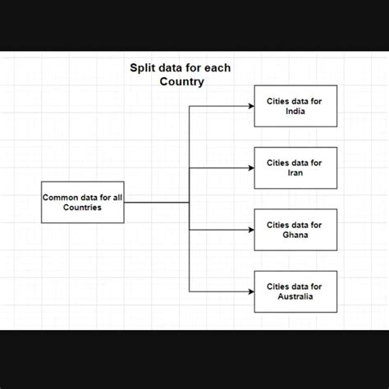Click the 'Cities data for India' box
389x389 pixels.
pyautogui.click(x=295, y=106)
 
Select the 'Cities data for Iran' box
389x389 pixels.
pyautogui.click(x=295, y=167)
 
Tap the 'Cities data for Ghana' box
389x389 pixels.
pyautogui.click(x=295, y=230)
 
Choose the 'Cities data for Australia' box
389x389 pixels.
pyautogui.click(x=295, y=291)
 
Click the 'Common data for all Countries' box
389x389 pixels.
pyautogui.click(x=83, y=202)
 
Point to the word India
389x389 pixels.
pyautogui.click(x=295, y=112)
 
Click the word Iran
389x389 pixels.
pyautogui.click(x=295, y=173)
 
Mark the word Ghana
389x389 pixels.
pyautogui.click(x=295, y=236)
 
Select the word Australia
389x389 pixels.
pyautogui.click(x=295, y=297)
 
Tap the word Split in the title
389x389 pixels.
pyautogui.click(x=144, y=69)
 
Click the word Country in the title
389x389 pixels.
pyautogui.click(x=182, y=82)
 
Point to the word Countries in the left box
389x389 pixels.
pyautogui.click(x=83, y=208)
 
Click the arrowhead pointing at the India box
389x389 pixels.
pyautogui.click(x=250, y=106)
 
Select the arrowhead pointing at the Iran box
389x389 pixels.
pyautogui.click(x=250, y=167)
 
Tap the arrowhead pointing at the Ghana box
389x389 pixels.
pyautogui.click(x=250, y=230)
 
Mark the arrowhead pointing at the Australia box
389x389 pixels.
pyautogui.click(x=250, y=291)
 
